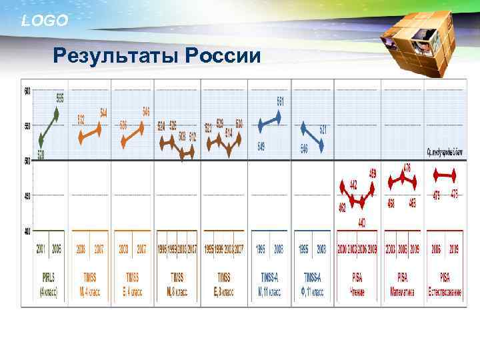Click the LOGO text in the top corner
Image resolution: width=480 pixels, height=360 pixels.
pos(45,21)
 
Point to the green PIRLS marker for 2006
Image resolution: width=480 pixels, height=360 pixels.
pos(56,114)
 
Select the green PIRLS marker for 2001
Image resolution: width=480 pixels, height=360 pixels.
pos(41,140)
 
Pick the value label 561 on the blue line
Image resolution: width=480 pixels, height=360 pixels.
pos(281,101)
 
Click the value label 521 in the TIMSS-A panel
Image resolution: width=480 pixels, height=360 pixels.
pos(323,129)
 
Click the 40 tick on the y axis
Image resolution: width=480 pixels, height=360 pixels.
pos(27,231)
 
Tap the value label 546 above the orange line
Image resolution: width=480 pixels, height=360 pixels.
pos(146,111)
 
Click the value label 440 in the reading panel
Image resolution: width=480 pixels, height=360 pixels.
pos(362,221)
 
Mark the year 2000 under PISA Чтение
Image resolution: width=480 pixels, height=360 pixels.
pos(342,249)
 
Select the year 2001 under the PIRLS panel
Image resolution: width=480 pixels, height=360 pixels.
pos(41,249)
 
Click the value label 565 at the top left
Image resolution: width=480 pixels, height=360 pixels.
pos(59,97)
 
